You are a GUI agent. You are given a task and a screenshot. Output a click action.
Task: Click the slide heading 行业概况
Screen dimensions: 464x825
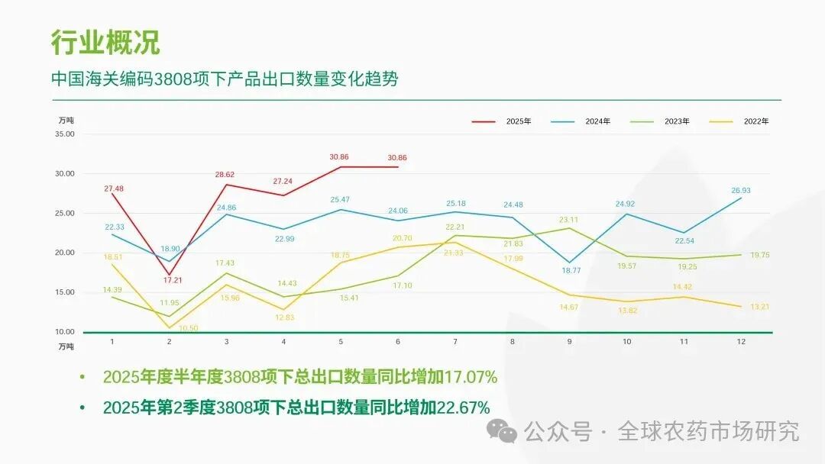point(105,42)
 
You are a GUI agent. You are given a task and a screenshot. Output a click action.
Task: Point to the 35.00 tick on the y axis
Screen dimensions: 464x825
point(65,134)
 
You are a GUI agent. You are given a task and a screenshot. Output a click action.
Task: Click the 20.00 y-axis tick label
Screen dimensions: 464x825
point(65,253)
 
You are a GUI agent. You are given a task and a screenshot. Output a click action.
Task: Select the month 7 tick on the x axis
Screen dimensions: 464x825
point(456,342)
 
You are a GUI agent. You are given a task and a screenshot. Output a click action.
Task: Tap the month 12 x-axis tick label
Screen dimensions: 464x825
point(741,342)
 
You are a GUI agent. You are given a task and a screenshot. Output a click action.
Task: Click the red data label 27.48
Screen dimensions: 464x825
point(113,188)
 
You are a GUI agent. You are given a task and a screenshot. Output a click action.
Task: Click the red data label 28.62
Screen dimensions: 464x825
point(225,175)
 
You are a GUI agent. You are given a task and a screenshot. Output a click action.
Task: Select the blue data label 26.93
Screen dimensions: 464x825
point(741,191)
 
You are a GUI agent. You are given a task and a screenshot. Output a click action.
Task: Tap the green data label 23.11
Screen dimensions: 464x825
point(570,220)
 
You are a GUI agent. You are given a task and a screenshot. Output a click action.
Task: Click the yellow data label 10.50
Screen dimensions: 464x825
point(188,328)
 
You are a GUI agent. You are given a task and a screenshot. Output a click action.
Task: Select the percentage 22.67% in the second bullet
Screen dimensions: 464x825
point(463,408)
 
